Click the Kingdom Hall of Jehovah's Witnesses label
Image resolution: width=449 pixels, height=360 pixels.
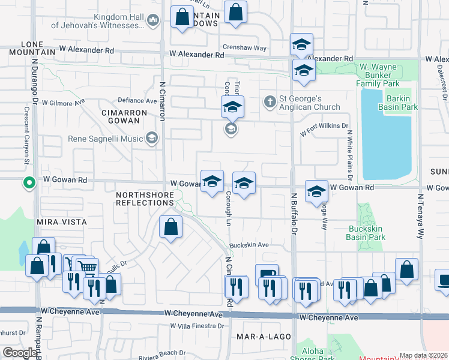click(97, 22)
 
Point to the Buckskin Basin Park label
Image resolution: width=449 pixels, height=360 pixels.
click(366, 233)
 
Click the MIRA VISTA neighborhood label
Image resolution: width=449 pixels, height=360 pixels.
click(62, 222)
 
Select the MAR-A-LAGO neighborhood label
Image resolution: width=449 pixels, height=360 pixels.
click(264, 337)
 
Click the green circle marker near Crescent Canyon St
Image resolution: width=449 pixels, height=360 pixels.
click(28, 183)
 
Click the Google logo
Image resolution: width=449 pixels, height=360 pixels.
click(20, 353)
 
